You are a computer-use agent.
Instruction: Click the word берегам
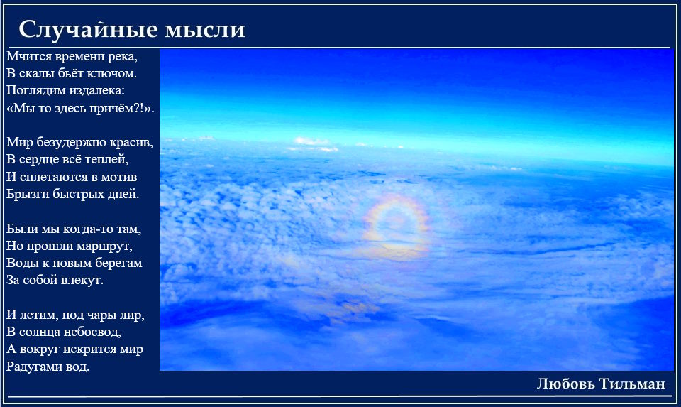tap(118, 264)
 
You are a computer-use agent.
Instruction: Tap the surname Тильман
tap(632, 384)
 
